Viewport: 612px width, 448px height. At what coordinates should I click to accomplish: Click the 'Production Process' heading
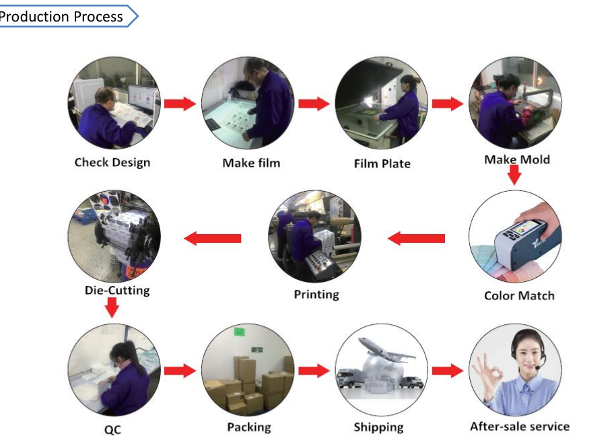coord(62,16)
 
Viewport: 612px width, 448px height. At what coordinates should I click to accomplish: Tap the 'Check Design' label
coord(112,162)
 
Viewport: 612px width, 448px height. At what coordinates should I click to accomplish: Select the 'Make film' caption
coord(251,163)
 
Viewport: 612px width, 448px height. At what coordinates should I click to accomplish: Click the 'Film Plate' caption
coord(382,163)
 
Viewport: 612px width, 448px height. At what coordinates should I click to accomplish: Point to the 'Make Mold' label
coord(517,159)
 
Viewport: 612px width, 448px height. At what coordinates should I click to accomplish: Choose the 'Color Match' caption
coord(519,295)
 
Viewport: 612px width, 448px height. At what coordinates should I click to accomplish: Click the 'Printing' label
coord(316,294)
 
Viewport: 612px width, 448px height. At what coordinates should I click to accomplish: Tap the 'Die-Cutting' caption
coord(117,291)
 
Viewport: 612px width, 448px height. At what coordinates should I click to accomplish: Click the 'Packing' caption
coord(248,427)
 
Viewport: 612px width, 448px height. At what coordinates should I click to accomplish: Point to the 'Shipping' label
coord(378,427)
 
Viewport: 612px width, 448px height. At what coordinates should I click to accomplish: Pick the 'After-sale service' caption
coord(519,426)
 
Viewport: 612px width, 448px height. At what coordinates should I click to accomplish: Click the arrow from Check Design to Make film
coord(180,104)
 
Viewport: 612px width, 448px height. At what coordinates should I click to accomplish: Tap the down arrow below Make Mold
coord(514,175)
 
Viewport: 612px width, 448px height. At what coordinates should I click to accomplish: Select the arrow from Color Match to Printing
coord(417,238)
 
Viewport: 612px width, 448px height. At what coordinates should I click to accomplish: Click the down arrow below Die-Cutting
coord(112,308)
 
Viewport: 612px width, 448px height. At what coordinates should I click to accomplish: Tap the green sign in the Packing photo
coord(238,332)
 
